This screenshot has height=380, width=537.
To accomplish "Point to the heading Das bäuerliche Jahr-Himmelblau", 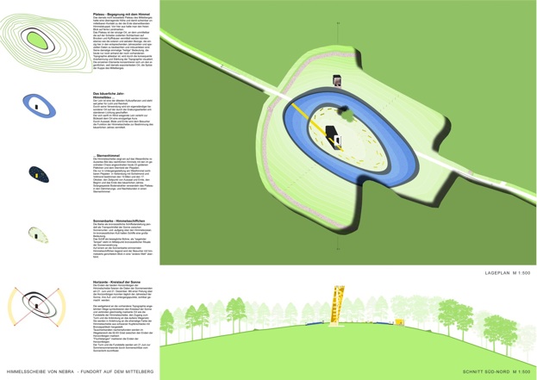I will (109, 95).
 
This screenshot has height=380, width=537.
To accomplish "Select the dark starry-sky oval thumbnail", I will (38, 174).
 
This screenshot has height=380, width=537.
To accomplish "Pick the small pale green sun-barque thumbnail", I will (38, 234).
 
